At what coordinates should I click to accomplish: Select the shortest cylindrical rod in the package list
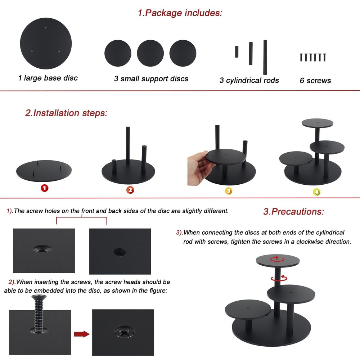click(x=237, y=52)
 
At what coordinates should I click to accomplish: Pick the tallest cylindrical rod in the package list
click(x=265, y=52)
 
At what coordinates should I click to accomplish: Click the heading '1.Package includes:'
click(x=180, y=13)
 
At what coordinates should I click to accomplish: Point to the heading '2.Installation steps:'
click(x=66, y=113)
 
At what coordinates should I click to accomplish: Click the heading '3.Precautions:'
click(x=293, y=211)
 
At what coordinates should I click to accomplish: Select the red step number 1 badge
click(x=44, y=188)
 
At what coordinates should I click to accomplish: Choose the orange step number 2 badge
click(x=130, y=190)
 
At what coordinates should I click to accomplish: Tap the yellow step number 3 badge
click(x=228, y=191)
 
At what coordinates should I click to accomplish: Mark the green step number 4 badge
click(x=316, y=192)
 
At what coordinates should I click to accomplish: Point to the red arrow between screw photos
click(x=82, y=334)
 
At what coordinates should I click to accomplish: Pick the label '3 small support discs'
click(x=151, y=78)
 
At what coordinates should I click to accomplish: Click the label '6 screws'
click(x=315, y=81)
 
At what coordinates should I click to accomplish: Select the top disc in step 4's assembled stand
click(x=317, y=123)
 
